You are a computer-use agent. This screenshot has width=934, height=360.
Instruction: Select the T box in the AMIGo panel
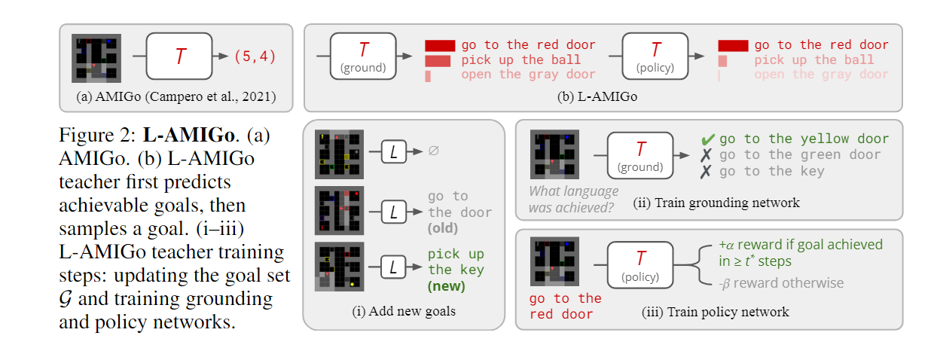point(180,56)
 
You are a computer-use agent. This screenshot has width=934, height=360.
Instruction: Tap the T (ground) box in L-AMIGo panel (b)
point(363,56)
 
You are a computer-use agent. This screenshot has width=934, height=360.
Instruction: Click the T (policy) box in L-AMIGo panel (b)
point(656,56)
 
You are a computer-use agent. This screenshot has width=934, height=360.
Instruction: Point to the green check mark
point(707,139)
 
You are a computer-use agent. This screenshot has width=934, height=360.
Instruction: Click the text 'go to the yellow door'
point(804,139)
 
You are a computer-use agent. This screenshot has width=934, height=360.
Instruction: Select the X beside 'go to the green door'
point(707,155)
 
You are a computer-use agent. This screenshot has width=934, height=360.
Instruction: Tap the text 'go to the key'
point(771,171)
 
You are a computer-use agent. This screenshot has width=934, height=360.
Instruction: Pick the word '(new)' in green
point(446,285)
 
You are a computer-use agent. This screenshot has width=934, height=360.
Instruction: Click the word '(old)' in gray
point(443,227)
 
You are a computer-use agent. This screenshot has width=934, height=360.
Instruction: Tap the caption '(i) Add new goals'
point(403,310)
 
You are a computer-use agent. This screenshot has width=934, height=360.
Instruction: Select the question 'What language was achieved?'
point(573,200)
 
